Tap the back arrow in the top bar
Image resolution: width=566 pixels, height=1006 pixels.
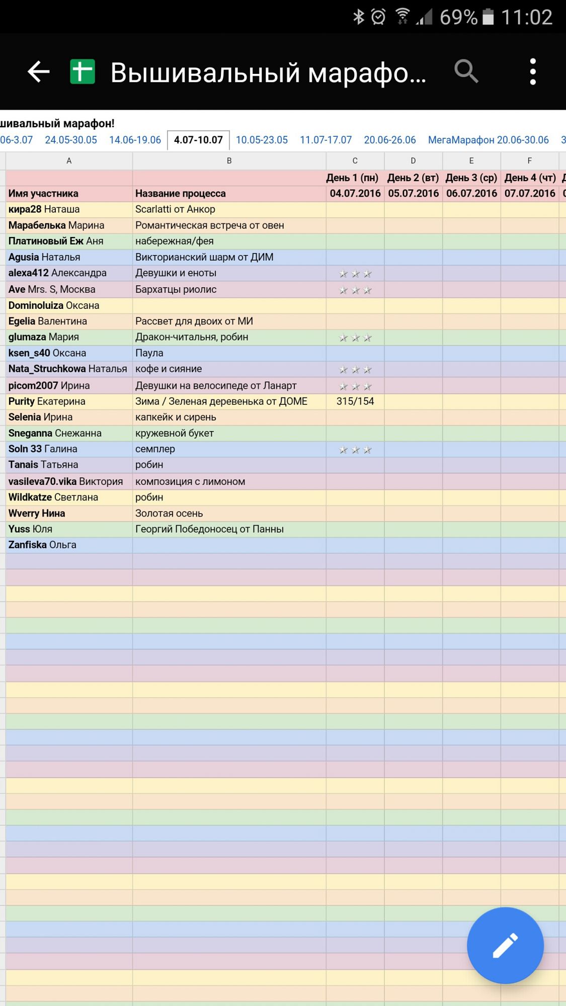pyautogui.click(x=38, y=72)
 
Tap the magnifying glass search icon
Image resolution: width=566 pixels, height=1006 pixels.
pyautogui.click(x=466, y=71)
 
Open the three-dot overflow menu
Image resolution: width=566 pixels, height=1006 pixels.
pyautogui.click(x=533, y=71)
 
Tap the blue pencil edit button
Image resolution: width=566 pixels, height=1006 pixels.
pyautogui.click(x=505, y=945)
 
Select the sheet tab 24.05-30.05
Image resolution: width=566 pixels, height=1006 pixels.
pyautogui.click(x=71, y=140)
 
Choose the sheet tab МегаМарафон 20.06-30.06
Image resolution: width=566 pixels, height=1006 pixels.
pyautogui.click(x=488, y=140)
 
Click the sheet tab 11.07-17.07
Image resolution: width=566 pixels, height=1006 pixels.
pyautogui.click(x=326, y=140)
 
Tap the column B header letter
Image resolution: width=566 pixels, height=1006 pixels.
pyautogui.click(x=229, y=161)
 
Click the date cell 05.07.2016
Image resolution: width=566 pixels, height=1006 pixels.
pyautogui.click(x=413, y=194)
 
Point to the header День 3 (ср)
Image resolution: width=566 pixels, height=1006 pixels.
pyautogui.click(x=471, y=178)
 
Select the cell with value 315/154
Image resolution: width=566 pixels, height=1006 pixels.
pyautogui.click(x=355, y=401)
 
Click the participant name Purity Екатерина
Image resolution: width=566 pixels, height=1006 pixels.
pyautogui.click(x=47, y=401)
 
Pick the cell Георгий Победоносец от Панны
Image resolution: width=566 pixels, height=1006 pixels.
pyautogui.click(x=209, y=529)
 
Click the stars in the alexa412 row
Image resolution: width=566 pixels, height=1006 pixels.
pyautogui.click(x=355, y=274)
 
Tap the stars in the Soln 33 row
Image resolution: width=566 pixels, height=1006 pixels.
pyautogui.click(x=355, y=450)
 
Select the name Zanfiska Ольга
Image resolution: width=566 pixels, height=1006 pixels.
pyautogui.click(x=42, y=545)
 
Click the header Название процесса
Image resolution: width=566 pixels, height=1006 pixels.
pyautogui.click(x=180, y=194)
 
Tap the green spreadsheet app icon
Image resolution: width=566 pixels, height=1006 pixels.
pyautogui.click(x=83, y=71)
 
